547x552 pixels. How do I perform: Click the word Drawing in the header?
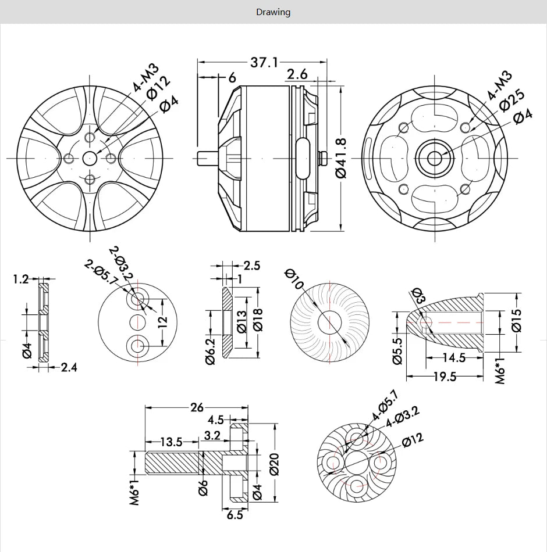273,12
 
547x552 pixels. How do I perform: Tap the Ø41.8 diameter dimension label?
342,158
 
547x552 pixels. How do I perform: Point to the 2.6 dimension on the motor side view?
297,74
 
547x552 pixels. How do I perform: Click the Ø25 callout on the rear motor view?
512,99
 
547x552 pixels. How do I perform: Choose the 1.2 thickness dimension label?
20,279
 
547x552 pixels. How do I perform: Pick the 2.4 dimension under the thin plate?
68,367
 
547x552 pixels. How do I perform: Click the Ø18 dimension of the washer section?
258,320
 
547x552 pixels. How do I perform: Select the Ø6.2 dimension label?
211,352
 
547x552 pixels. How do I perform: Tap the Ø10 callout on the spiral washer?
294,279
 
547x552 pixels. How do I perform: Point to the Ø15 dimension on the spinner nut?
517,320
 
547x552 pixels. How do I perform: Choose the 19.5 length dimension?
445,377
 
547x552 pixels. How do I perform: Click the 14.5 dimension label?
454,358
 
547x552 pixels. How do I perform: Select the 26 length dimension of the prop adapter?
197,407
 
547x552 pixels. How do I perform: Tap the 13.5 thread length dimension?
171,442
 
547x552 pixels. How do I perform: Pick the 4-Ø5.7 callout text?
385,405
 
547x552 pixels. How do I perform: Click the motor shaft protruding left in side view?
204,158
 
